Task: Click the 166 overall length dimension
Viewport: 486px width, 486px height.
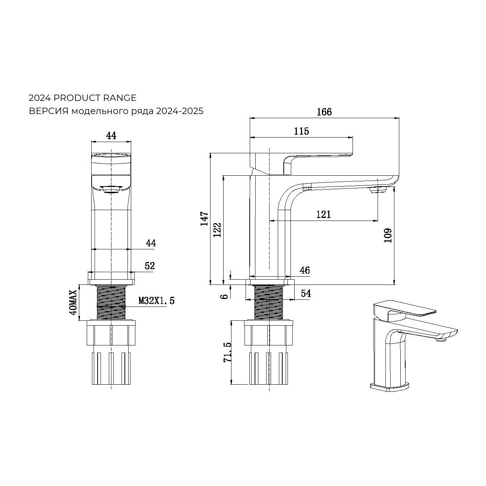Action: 324,112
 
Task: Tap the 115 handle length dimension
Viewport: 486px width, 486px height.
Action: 301,131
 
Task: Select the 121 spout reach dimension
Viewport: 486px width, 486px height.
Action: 324,215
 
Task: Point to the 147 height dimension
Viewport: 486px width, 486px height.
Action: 204,218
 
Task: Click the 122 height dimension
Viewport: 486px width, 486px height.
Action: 217,230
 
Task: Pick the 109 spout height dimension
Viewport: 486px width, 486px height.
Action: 388,235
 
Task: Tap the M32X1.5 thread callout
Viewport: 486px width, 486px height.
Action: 156,301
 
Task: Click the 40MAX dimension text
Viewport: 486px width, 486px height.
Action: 73,302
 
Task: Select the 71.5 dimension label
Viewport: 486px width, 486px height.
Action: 227,352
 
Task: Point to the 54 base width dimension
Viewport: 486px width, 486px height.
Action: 306,293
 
